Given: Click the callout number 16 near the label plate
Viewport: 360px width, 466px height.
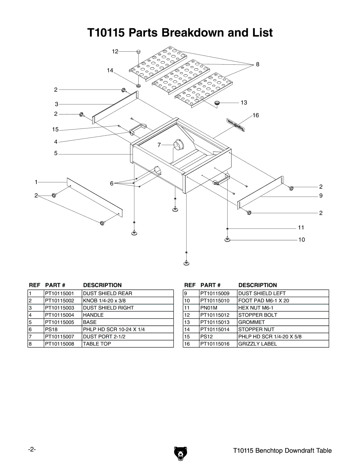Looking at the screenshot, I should [256, 115].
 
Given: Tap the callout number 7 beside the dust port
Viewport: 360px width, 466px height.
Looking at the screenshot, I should [159, 145].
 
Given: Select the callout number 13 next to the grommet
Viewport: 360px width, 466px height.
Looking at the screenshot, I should [244, 103].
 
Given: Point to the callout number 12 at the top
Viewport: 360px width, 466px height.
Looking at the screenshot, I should [115, 51].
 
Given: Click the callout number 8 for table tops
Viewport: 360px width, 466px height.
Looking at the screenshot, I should [258, 64].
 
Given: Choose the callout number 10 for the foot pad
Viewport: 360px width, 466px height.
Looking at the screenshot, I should [302, 240].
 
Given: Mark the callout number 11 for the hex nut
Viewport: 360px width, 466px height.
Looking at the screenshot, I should [301, 227].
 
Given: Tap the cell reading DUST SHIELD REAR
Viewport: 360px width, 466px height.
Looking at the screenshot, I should [107, 294].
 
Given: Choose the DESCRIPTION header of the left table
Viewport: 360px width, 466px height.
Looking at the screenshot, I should [102, 285].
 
